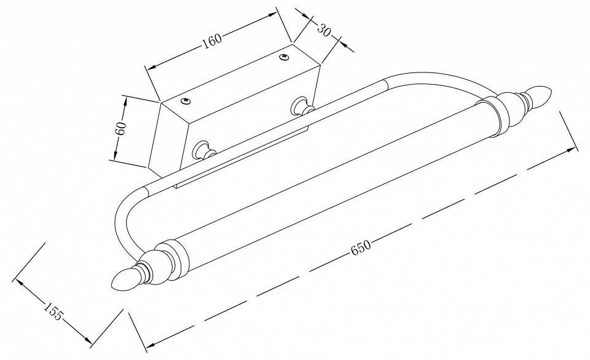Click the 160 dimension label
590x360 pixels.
pos(212,41)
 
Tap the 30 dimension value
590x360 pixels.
pos(323,29)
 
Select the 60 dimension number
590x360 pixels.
pos(120,129)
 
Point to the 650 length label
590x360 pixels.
pos(361,248)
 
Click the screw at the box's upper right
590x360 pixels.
pos(283,57)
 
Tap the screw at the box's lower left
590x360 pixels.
pos(185,100)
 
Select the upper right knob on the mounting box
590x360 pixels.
pos(302,105)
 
